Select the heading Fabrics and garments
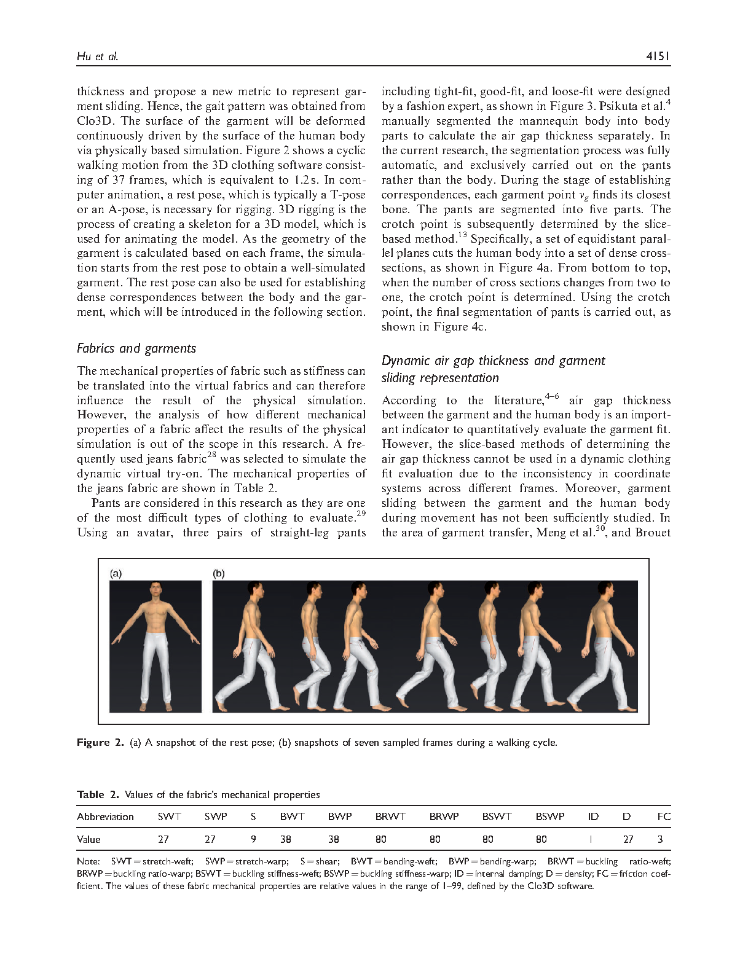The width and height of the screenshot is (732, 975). point(136,348)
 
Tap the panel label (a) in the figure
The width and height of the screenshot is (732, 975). point(116,573)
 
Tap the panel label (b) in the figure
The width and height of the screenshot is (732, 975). point(219,573)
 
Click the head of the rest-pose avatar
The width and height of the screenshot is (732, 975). point(155,592)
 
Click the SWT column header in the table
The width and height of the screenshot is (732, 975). point(169,816)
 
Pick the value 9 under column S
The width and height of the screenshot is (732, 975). point(253,839)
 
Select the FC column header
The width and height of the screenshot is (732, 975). point(664,816)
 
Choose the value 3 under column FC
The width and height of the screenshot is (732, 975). point(660,839)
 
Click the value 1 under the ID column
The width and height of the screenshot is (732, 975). point(590,839)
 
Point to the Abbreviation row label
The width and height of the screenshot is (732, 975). point(105,816)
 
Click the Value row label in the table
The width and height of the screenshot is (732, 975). point(89,839)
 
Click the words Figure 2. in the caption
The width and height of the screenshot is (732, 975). point(101,742)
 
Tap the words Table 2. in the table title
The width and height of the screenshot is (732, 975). point(98,795)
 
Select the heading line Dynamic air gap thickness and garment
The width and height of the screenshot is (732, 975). point(494,361)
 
